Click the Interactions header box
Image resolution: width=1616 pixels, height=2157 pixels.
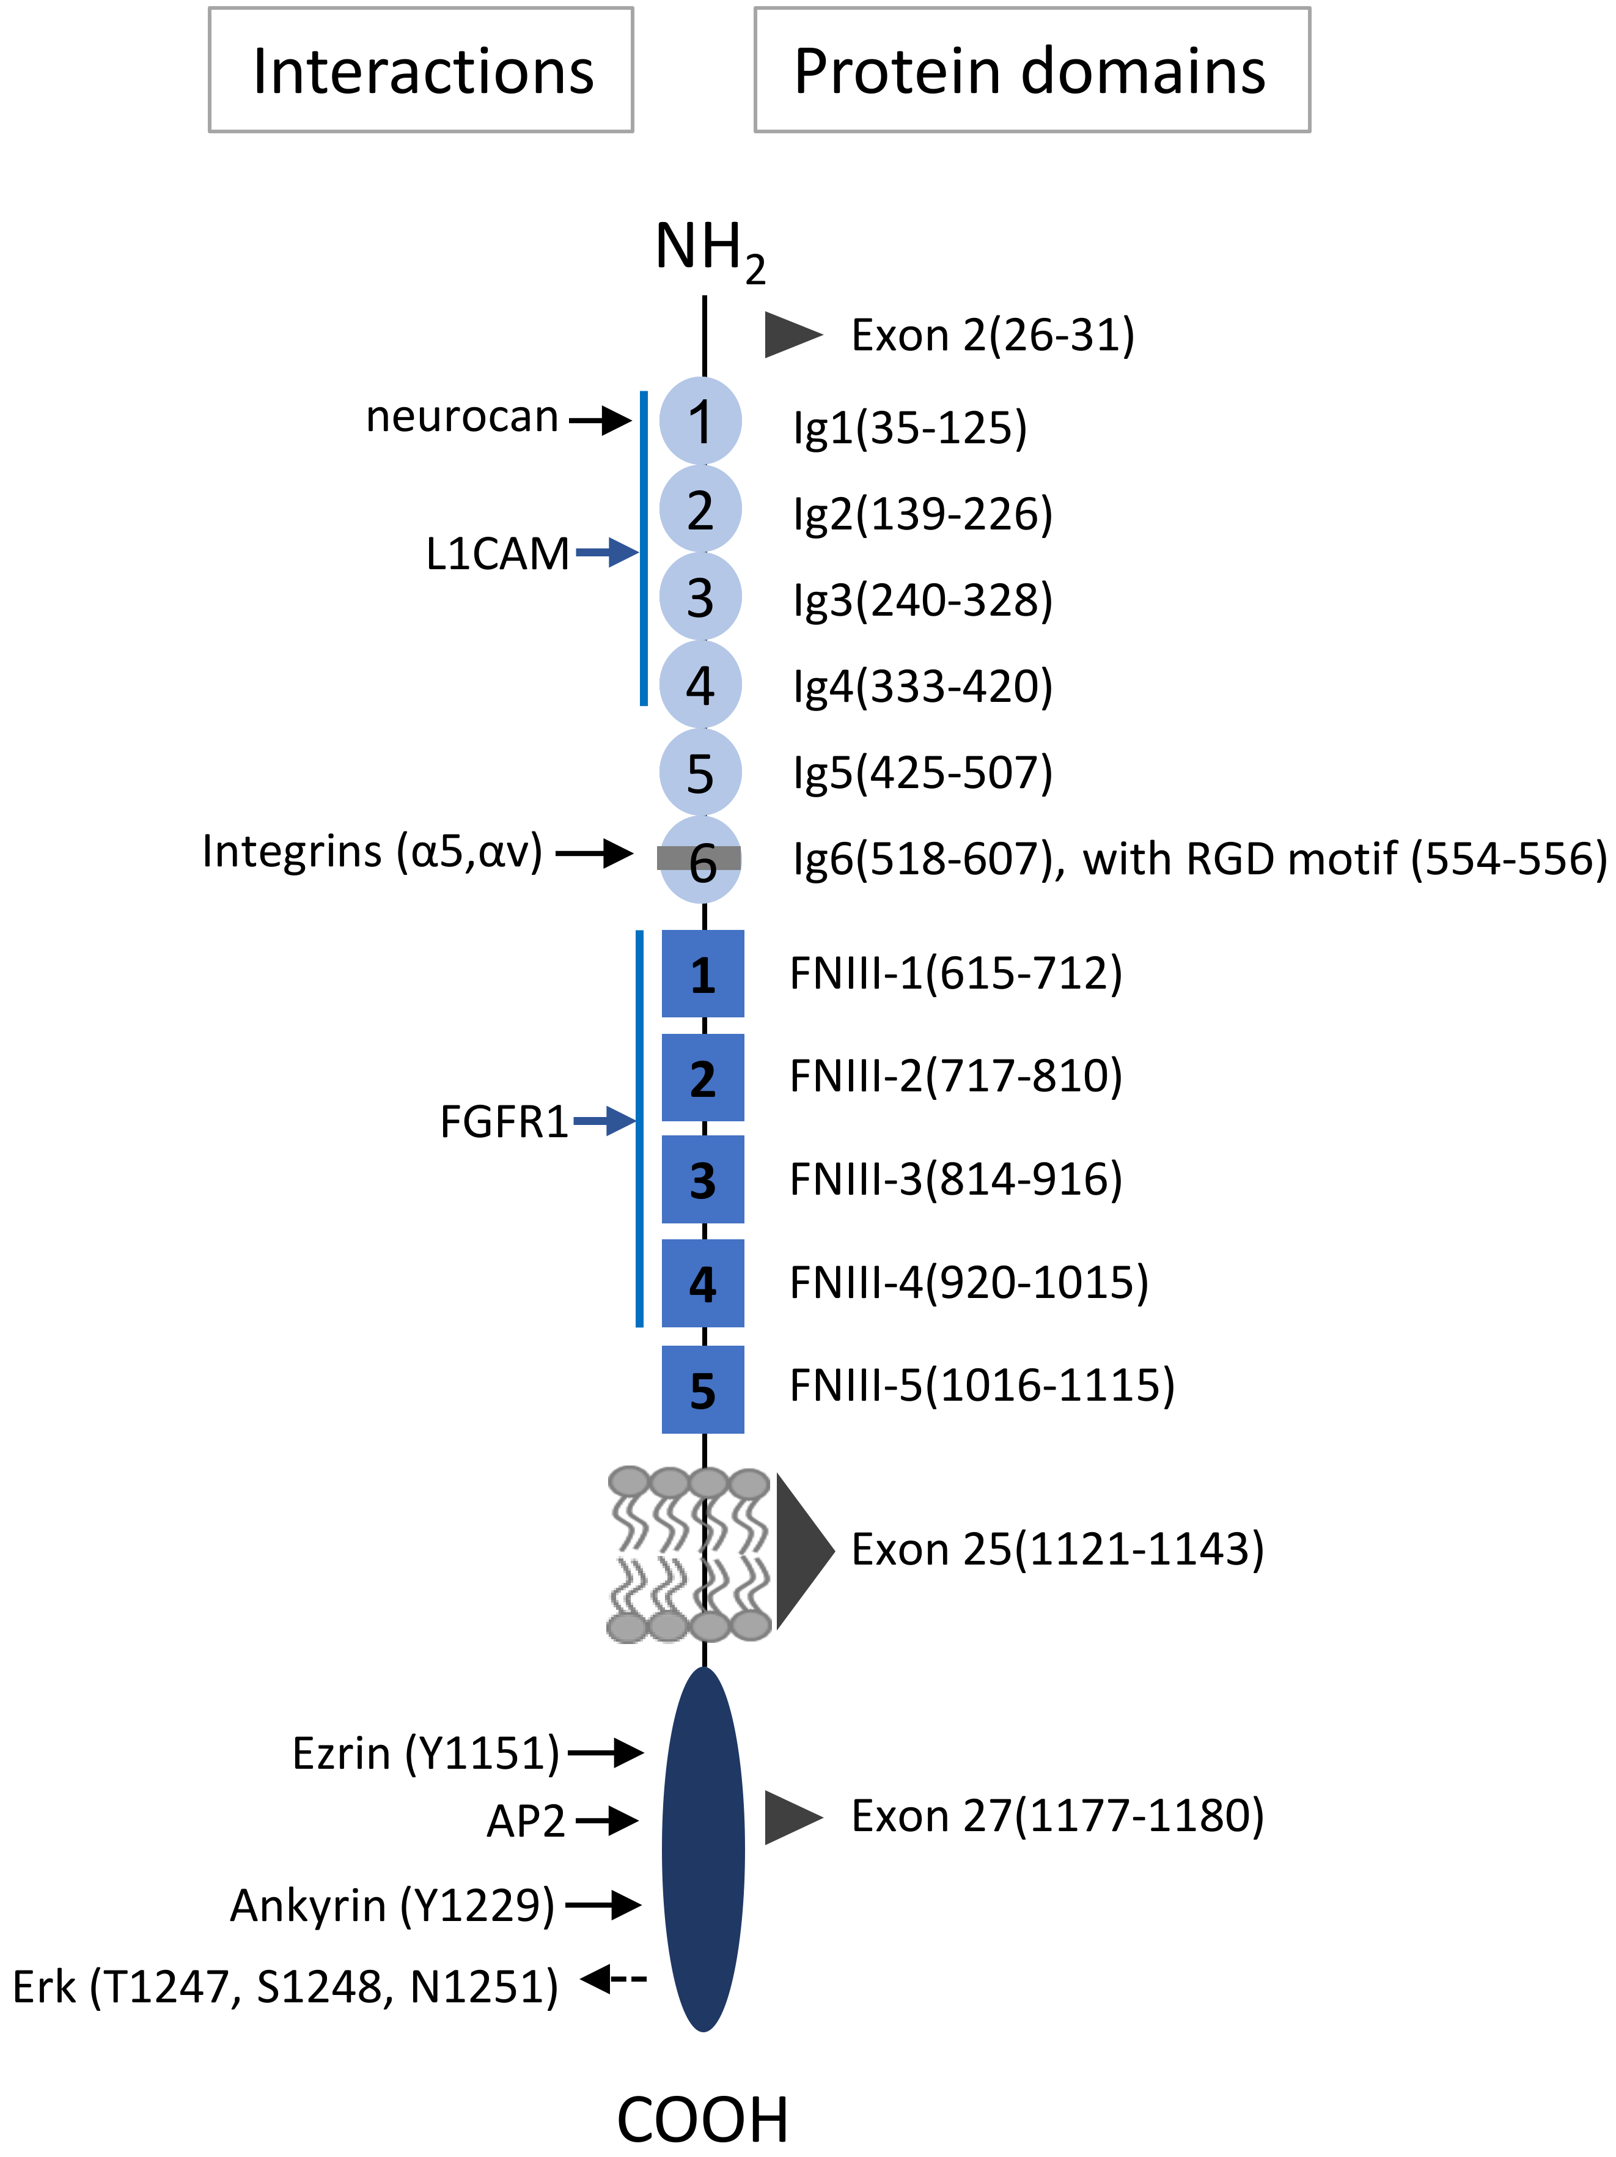coord(421,70)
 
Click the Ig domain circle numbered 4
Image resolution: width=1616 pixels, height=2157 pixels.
coord(700,685)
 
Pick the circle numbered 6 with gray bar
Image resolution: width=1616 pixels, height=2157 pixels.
coord(700,860)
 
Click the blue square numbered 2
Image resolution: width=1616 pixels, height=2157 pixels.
coord(703,1077)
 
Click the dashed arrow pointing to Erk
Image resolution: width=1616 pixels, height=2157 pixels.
coord(614,1978)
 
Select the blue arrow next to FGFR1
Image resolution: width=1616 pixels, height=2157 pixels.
coord(605,1121)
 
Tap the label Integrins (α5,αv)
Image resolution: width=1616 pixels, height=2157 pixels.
coord(372,851)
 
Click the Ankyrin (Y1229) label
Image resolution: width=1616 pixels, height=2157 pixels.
coord(392,1906)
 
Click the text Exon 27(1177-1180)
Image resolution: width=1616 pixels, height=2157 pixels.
coord(1057,1816)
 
